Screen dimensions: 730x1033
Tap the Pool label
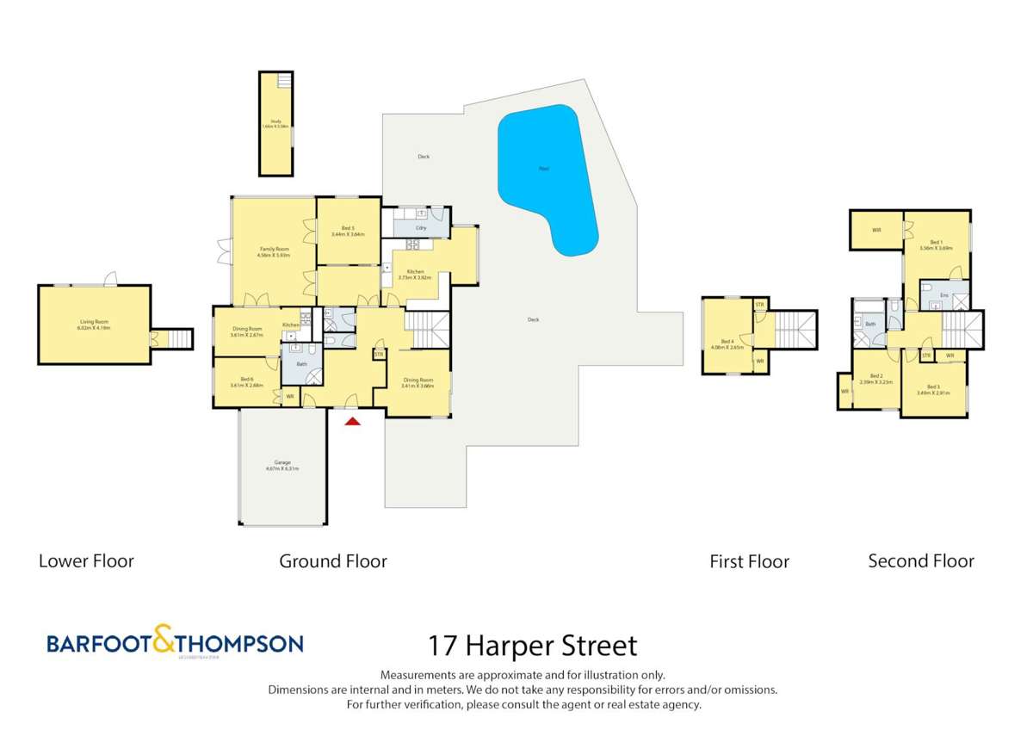coord(544,169)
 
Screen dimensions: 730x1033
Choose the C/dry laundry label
coord(421,228)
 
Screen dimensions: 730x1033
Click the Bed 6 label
coord(246,382)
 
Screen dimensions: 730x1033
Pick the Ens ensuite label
coord(943,296)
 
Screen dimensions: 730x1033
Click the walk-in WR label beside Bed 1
coord(876,230)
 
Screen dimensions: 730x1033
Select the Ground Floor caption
coord(333,561)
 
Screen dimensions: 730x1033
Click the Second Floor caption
coord(921,561)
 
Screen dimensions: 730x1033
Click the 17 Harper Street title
coord(534,646)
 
